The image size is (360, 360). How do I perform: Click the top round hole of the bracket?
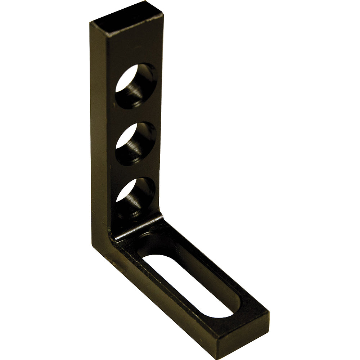click(136, 86)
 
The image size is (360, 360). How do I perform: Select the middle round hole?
click(136, 144)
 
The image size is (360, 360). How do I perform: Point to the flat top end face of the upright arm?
click(127, 18)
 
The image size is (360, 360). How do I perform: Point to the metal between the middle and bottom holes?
click(135, 171)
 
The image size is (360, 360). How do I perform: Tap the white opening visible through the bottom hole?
click(124, 193)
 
